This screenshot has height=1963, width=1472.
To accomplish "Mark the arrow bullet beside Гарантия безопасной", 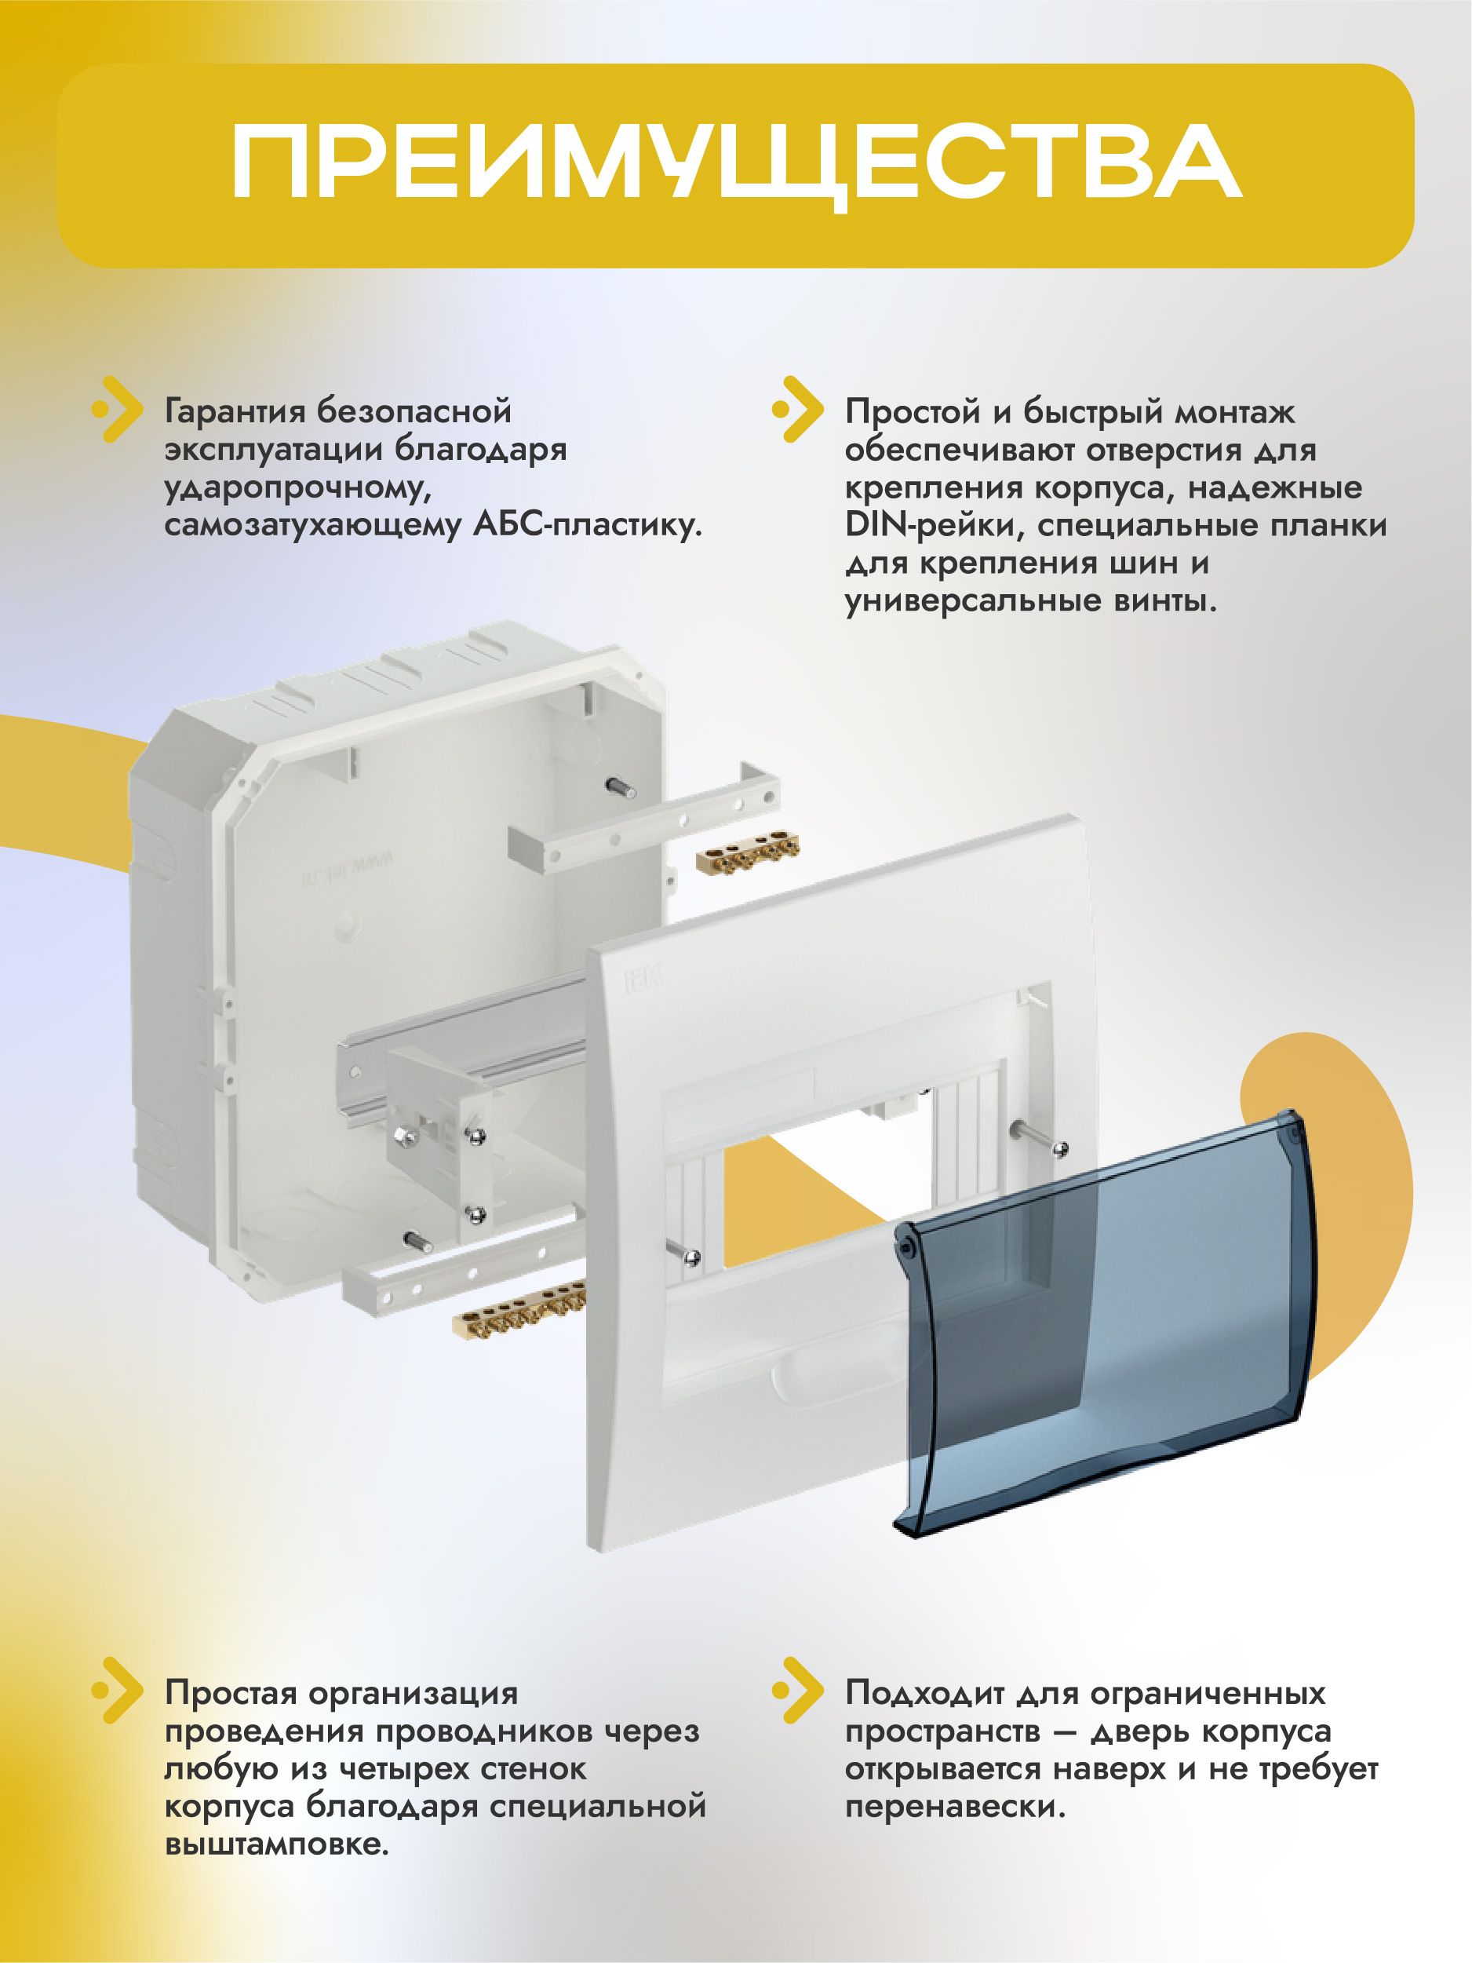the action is [117, 410].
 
